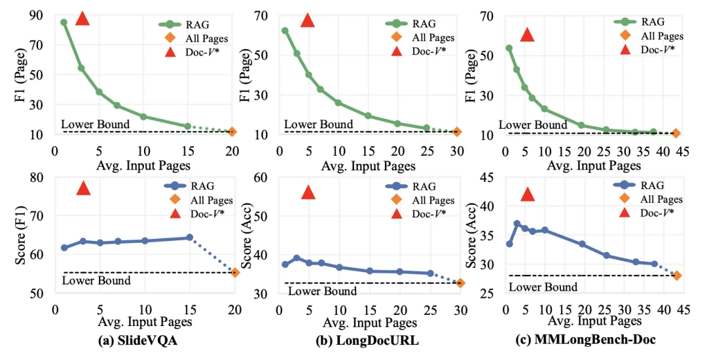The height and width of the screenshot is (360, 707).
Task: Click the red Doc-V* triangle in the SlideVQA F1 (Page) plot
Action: tap(82, 18)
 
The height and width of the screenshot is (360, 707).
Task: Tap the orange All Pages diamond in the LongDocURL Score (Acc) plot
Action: tap(460, 283)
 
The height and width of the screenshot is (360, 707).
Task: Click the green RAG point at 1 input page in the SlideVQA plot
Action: tap(63, 22)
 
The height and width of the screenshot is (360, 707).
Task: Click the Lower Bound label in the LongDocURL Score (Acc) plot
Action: tap(323, 291)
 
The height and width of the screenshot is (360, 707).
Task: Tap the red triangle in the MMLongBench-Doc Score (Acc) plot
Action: tap(528, 194)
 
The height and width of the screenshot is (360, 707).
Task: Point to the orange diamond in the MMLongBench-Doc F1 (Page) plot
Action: tap(677, 134)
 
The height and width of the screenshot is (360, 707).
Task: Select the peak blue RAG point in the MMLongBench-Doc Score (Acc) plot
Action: tap(517, 224)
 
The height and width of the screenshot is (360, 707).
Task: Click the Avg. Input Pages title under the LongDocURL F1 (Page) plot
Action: tap(369, 166)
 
